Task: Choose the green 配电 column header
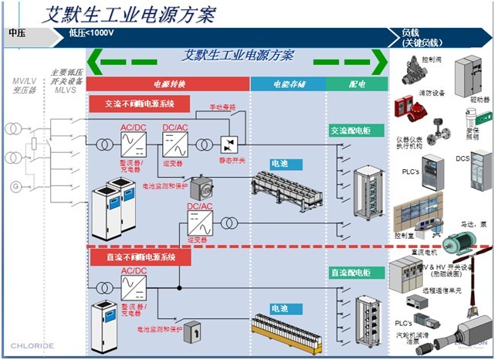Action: [357, 83]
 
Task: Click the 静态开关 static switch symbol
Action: [229, 145]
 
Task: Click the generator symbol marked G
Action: [13, 186]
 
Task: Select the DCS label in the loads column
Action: [462, 158]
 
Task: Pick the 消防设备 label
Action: [432, 93]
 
